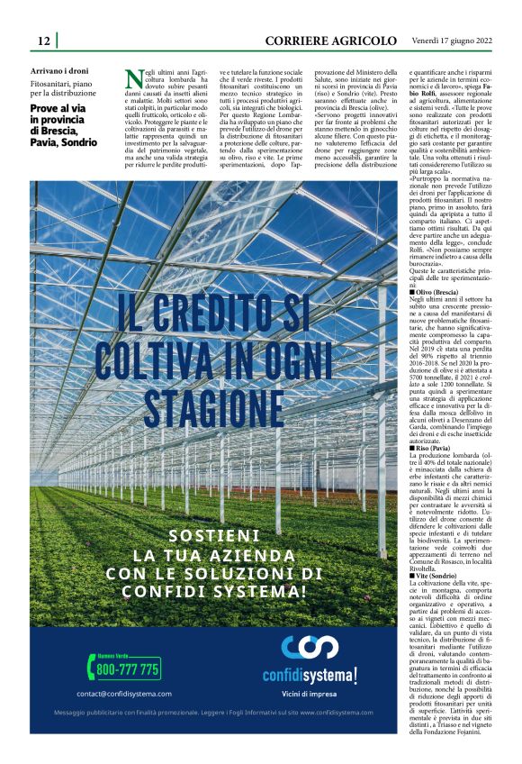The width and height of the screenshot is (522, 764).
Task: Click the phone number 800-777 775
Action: pos(128,669)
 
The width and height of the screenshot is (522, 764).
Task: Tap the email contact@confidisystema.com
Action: pos(124,694)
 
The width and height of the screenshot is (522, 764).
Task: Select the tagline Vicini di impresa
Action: pos(310,694)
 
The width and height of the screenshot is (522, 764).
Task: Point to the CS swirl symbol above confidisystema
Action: pos(310,649)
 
